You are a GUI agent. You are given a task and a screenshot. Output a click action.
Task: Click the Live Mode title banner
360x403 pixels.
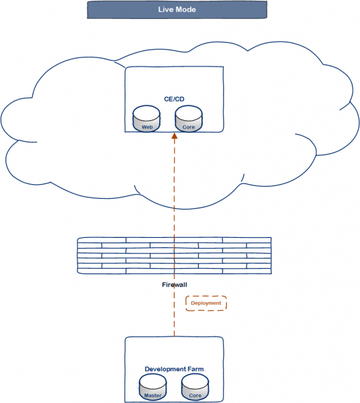(x=177, y=10)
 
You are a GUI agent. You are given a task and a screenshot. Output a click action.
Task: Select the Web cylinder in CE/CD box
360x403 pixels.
(x=146, y=118)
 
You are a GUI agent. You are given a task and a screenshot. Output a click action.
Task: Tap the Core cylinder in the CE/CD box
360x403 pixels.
(x=189, y=118)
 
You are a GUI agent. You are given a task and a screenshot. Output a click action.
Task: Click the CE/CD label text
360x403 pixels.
(x=174, y=99)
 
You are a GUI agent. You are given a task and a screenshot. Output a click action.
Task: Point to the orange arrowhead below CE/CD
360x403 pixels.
(x=175, y=136)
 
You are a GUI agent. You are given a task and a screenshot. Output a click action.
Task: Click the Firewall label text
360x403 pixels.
(x=175, y=285)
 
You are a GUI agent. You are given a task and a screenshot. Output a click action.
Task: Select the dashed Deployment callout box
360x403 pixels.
(x=206, y=304)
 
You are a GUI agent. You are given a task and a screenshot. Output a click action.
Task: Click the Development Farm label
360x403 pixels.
(x=174, y=369)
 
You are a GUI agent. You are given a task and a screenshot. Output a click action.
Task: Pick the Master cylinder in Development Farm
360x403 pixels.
(x=153, y=387)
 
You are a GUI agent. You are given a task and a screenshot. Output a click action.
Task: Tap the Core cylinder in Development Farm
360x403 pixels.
(x=195, y=387)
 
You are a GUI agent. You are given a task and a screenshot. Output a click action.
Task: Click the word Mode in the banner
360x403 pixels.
(x=186, y=9)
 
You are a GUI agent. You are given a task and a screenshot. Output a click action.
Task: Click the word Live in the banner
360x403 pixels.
(x=166, y=9)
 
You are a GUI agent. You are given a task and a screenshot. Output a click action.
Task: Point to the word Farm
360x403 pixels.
(x=195, y=369)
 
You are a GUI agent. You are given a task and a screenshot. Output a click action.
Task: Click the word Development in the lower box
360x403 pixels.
(x=165, y=369)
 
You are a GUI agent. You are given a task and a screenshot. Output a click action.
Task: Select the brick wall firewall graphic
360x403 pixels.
(x=175, y=255)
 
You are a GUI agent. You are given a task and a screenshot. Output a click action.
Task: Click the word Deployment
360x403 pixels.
(x=206, y=304)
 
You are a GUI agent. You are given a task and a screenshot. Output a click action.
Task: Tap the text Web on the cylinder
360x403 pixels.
(x=147, y=127)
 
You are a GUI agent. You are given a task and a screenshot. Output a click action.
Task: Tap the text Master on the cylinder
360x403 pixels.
(x=153, y=396)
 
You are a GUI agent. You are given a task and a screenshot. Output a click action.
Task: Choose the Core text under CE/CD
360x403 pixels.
(x=189, y=127)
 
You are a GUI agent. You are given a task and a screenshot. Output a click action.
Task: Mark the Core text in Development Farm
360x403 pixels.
(x=195, y=396)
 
